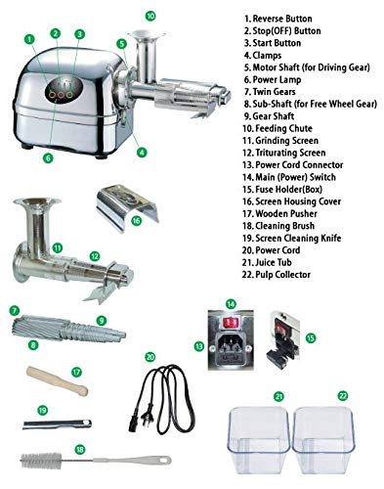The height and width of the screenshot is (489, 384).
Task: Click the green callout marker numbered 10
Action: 150,16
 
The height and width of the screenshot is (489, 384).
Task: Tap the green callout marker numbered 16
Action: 136,221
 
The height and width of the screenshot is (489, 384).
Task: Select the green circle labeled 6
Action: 48,158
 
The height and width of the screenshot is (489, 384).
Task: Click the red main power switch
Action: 231,323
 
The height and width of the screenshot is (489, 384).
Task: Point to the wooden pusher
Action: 58,380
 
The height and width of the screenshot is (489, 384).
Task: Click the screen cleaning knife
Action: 58,424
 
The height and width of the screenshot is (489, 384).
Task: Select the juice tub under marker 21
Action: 259,440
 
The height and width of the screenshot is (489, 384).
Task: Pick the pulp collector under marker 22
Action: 323,440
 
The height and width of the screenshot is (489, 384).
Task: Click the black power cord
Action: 162,399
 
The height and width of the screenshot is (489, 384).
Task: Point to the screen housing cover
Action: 127,207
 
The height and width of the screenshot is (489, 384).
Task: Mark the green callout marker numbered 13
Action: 199,346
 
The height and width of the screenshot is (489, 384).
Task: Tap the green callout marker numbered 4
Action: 142,152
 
